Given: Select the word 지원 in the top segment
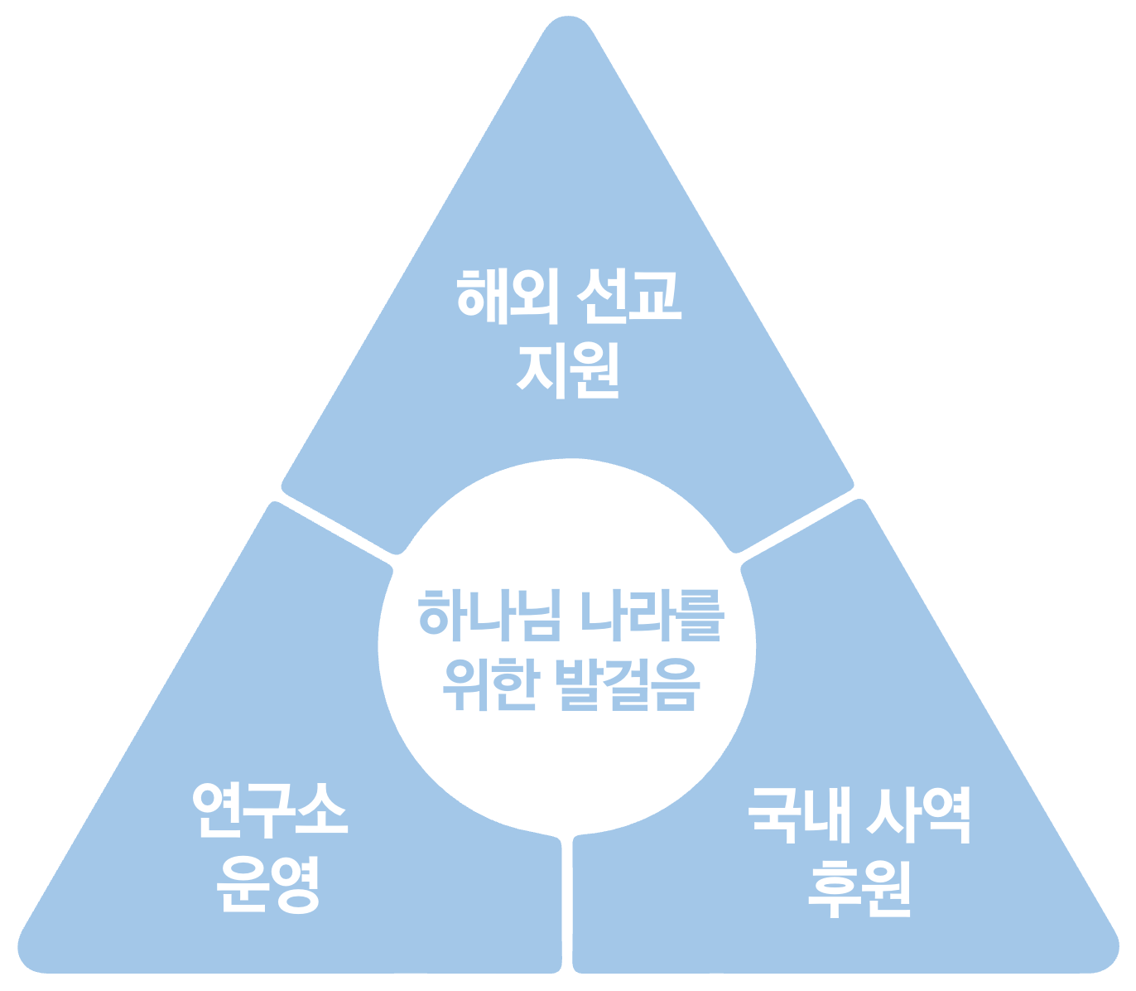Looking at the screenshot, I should tap(567, 371).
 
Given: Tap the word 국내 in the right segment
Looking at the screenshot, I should tap(800, 814).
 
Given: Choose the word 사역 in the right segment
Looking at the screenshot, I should tap(919, 814).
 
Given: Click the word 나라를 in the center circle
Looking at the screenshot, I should tap(652, 616).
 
